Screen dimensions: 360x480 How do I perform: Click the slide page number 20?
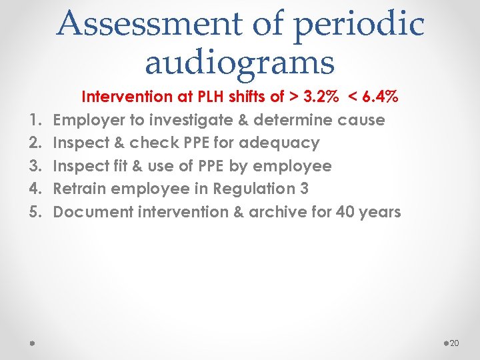pos(455,343)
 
